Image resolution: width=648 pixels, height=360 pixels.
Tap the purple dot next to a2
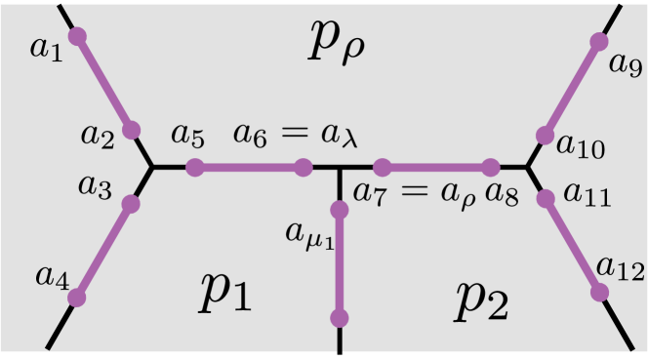pos(132,130)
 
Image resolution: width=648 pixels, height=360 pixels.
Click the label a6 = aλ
pos(295,137)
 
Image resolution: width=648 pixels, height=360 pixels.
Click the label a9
pos(626,64)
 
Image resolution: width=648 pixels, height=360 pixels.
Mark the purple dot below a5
pos(194,168)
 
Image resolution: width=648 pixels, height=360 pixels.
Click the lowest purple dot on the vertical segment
pos(340,318)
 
